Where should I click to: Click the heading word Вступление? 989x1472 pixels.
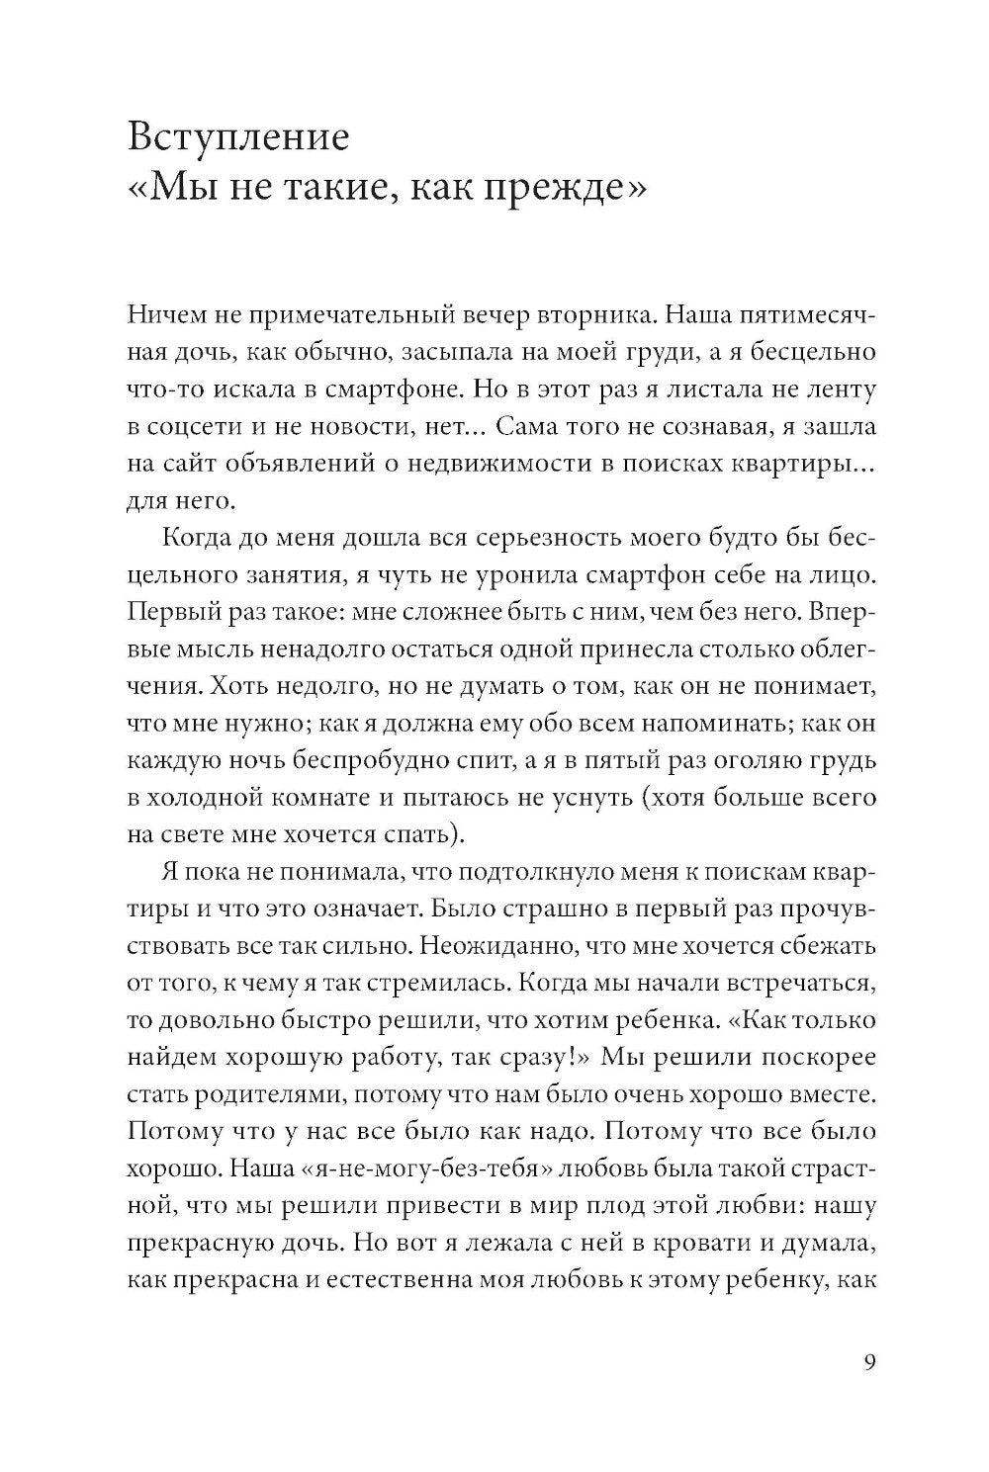pos(238,136)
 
